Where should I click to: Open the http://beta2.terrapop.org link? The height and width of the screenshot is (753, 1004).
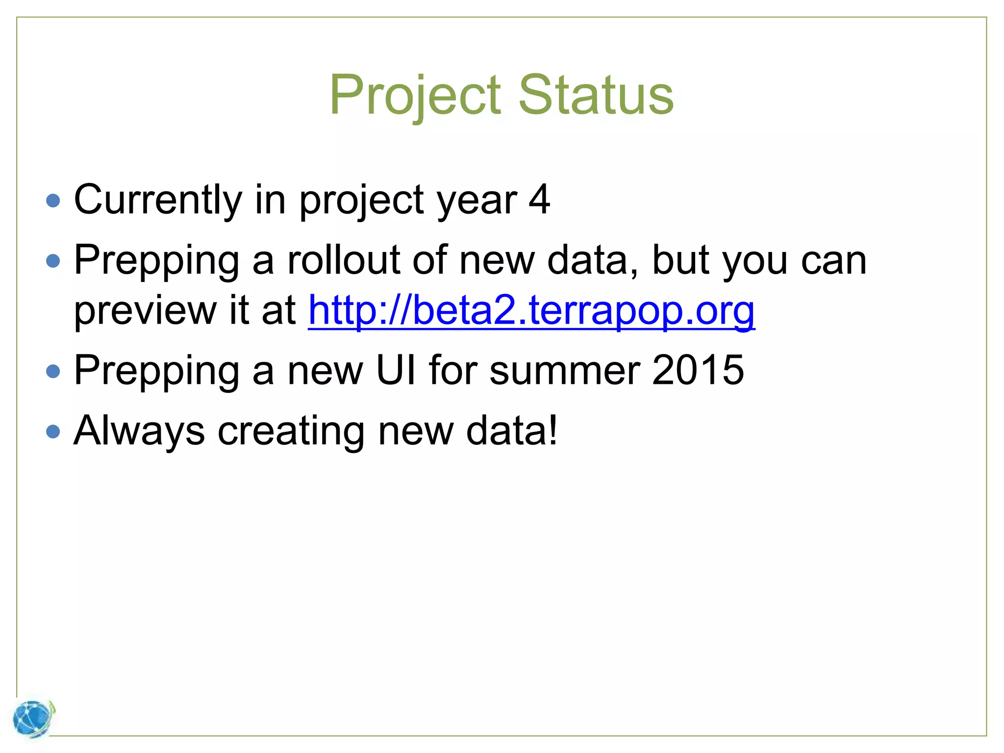531,310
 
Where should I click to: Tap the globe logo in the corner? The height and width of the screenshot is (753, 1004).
33,719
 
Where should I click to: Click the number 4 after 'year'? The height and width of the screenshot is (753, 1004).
539,200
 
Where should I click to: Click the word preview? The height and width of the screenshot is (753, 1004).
145,310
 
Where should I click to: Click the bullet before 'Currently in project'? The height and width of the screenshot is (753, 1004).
53,201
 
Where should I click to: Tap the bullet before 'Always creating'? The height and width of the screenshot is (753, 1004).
53,432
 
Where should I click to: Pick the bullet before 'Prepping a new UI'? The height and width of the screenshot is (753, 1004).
53,371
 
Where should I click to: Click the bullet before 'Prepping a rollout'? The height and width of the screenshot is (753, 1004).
53,261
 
